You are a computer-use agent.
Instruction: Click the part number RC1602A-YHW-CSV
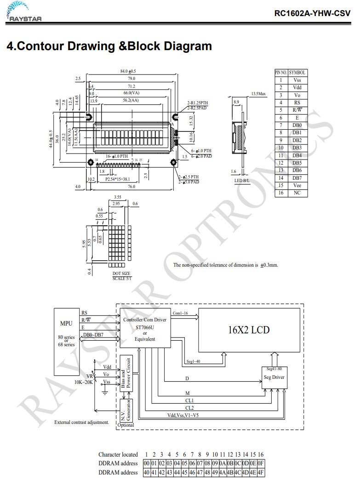312,13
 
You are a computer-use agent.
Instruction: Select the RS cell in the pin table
297,103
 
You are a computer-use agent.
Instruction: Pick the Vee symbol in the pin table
297,185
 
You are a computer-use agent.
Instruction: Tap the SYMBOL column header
297,73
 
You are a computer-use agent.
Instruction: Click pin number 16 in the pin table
281,193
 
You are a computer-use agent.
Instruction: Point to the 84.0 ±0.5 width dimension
128,71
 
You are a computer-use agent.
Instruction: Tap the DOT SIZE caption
121,274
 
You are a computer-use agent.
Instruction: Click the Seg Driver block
274,378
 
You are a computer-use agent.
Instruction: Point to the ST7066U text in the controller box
145,327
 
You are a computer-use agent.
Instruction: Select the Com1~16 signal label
180,313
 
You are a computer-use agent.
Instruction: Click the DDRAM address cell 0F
260,463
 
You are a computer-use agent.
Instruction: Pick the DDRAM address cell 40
147,472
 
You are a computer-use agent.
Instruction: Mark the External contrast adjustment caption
82,422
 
